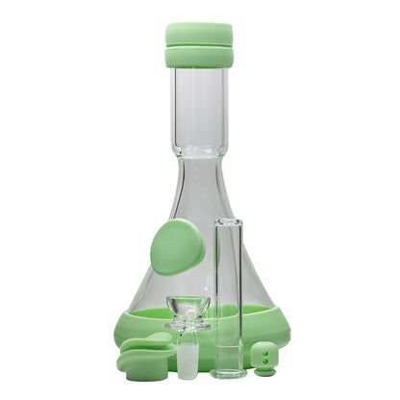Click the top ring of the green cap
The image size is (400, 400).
point(198,34)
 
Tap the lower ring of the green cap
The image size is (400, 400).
point(198,57)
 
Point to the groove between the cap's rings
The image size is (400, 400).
point(198,45)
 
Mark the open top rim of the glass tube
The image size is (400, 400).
point(228,221)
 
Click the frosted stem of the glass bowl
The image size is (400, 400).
point(187,358)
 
